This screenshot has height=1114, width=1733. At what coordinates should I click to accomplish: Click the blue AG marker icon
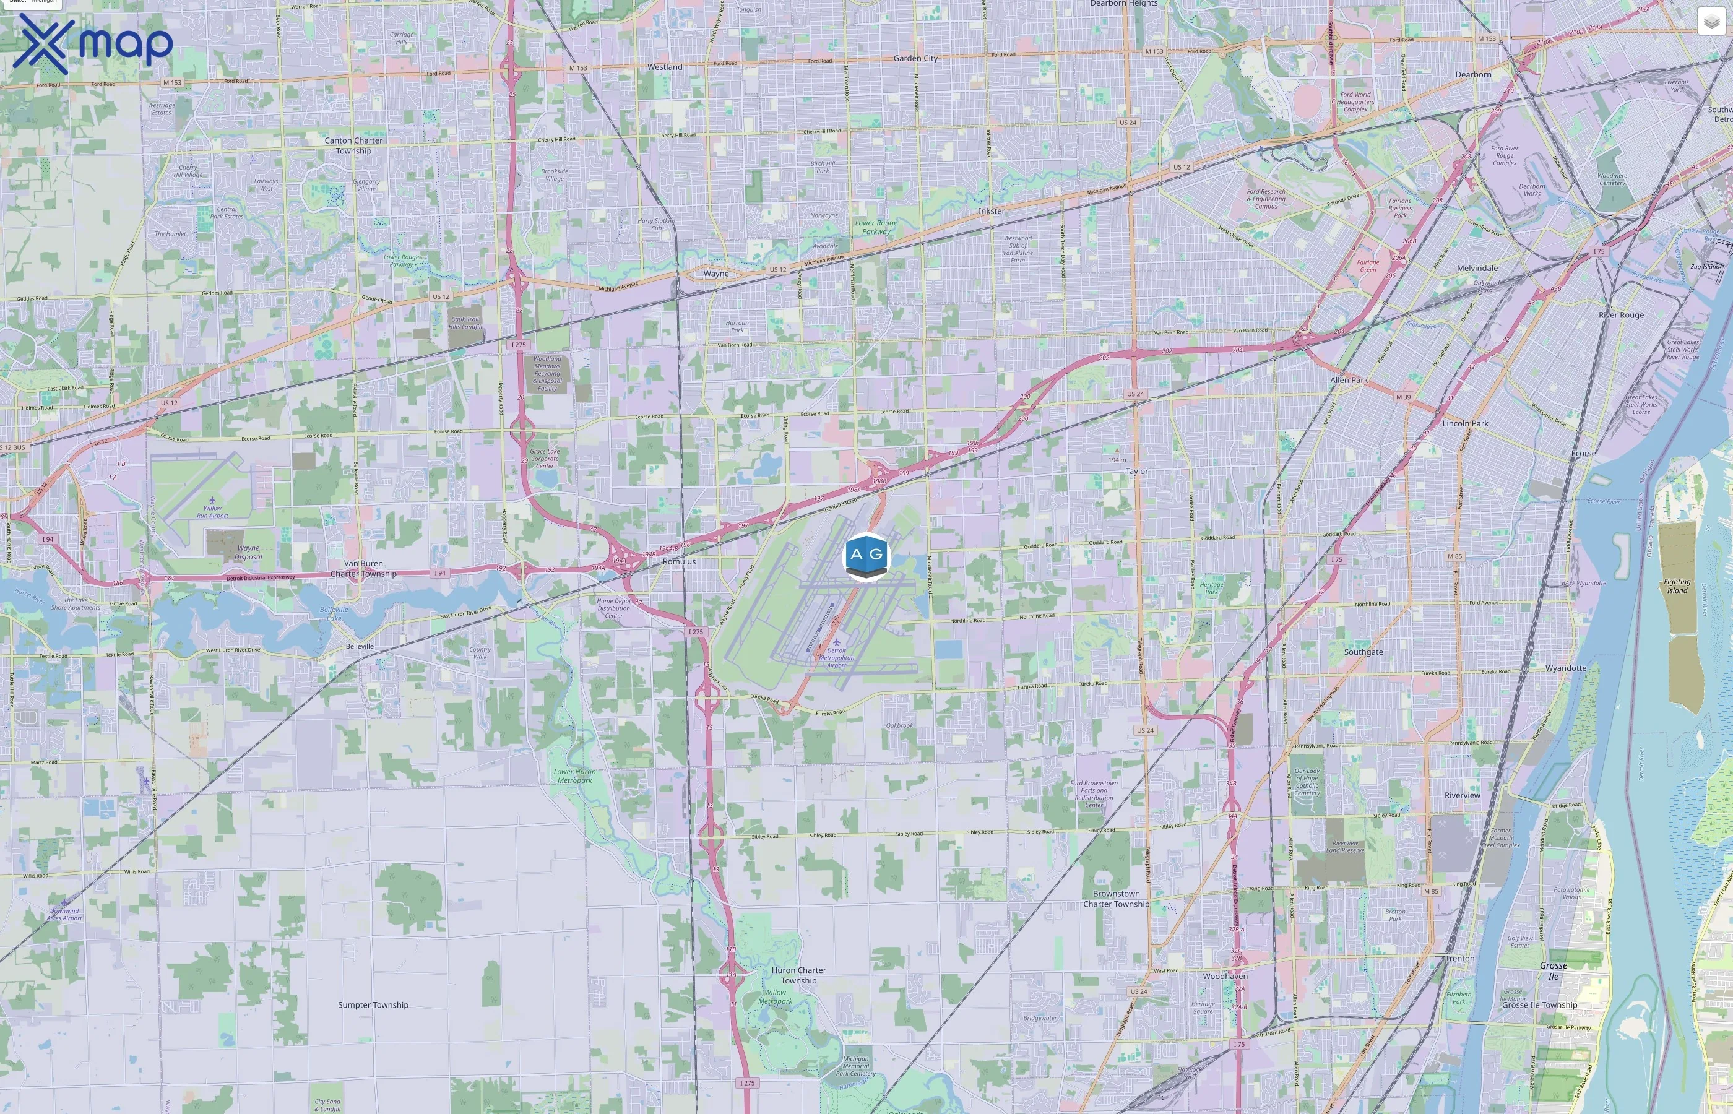pos(866,556)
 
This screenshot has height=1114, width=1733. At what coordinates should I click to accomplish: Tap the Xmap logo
pos(93,43)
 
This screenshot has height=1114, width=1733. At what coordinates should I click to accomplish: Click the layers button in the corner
pos(1711,22)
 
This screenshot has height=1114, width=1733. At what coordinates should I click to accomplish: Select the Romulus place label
pos(678,561)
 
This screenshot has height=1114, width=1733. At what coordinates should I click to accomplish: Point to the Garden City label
pos(915,59)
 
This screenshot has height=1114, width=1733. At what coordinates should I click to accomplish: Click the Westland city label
pos(665,67)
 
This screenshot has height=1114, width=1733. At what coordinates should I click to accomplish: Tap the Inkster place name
pos(991,211)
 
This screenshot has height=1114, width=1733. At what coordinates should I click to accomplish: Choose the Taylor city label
pos(1136,472)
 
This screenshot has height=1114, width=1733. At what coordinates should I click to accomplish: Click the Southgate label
pos(1363,652)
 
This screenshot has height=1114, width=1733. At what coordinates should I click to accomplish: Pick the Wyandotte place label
pos(1565,668)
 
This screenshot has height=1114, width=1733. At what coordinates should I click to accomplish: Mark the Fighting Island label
pos(1677,586)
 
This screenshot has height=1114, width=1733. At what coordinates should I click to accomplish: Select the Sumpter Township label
pos(373,1005)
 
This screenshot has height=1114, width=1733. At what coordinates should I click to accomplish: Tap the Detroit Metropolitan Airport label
pos(836,657)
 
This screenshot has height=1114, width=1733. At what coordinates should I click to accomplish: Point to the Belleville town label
pos(360,647)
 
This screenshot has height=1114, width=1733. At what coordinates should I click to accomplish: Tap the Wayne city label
pos(715,274)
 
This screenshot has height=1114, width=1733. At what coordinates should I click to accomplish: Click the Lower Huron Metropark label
pos(574,775)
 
